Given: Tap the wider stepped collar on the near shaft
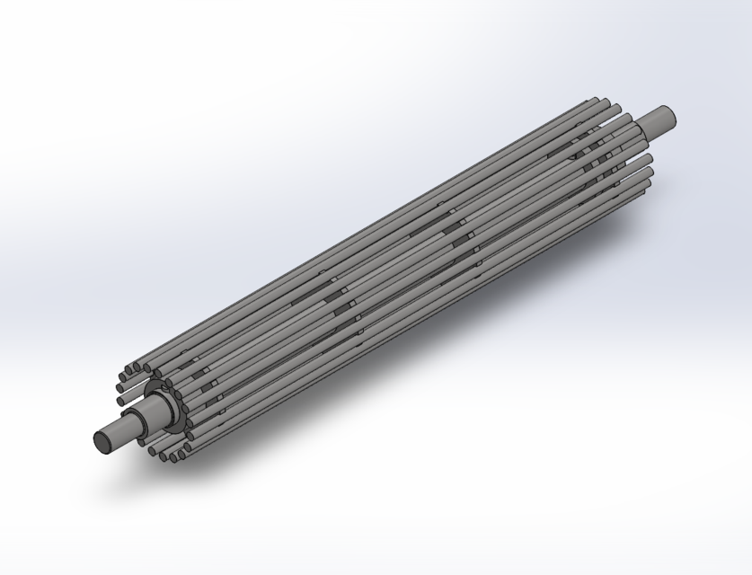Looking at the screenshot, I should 153,412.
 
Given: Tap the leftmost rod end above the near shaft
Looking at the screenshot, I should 120,401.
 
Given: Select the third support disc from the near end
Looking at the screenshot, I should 462,229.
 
